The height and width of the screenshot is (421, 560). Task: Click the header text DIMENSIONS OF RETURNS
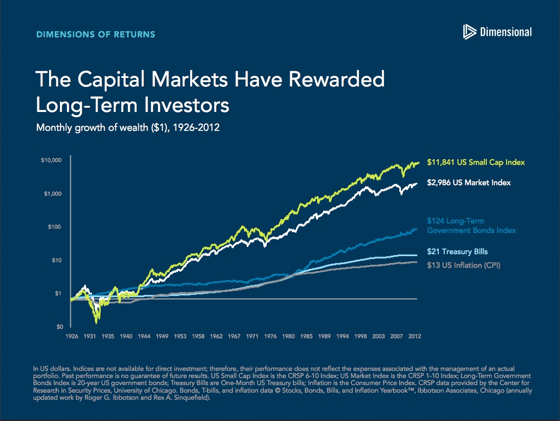coord(95,34)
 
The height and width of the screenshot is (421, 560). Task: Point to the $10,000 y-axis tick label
coord(51,161)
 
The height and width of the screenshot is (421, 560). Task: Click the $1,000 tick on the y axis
coord(53,194)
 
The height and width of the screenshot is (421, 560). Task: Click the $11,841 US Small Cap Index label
coord(476,163)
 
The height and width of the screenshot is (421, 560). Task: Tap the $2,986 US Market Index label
coord(468,182)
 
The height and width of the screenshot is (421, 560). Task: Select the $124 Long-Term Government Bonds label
coord(471,226)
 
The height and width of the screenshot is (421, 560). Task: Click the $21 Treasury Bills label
coord(457,252)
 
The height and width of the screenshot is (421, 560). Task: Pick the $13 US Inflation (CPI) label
coord(463,266)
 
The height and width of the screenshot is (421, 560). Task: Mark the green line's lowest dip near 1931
coord(96,322)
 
